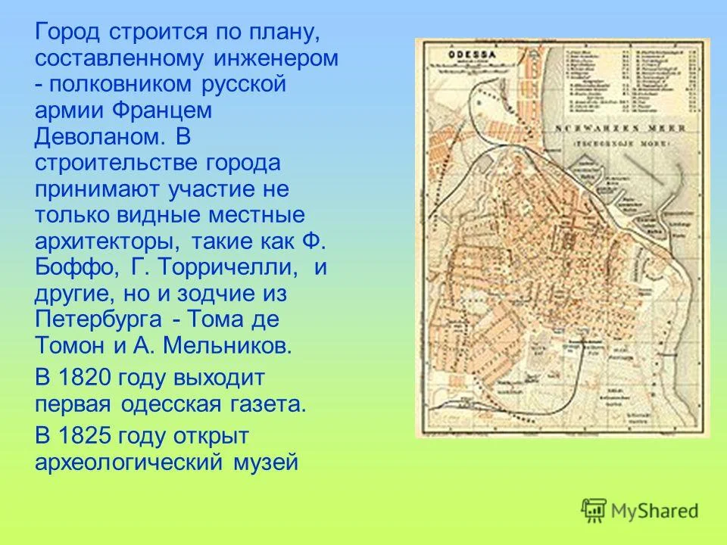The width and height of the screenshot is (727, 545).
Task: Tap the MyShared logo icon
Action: point(594,511)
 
